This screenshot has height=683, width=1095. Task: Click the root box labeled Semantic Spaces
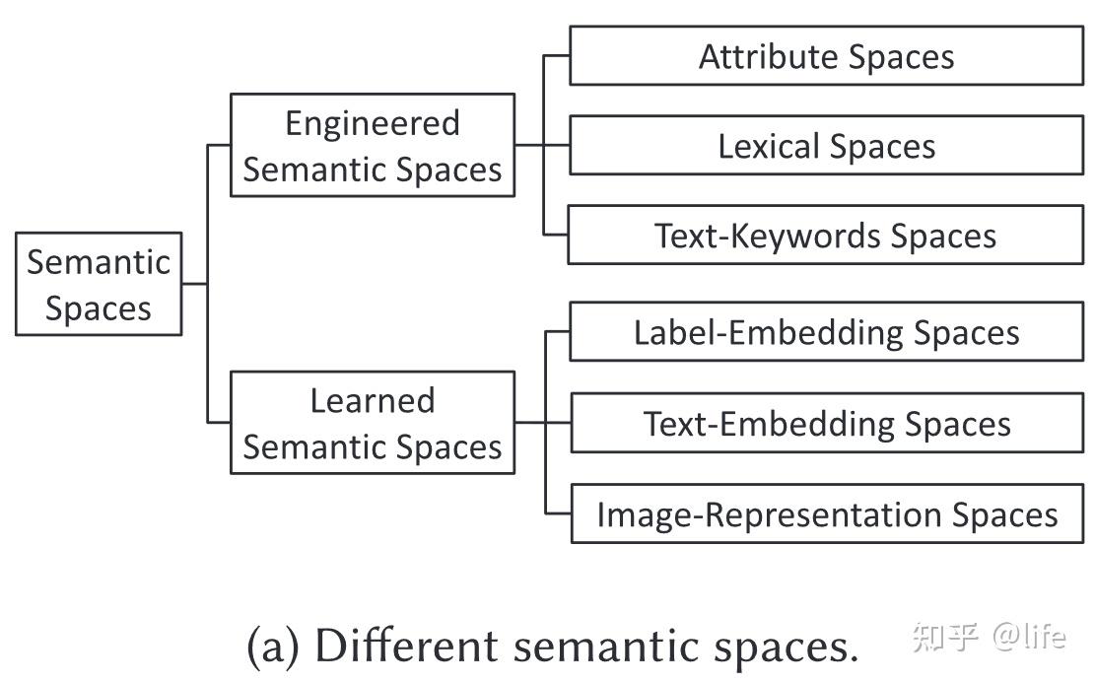pyautogui.click(x=99, y=284)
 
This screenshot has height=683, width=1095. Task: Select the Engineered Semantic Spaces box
pyautogui.click(x=373, y=146)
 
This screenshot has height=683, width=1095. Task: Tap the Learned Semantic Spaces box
pyautogui.click(x=373, y=423)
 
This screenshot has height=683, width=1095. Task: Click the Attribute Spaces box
pyautogui.click(x=826, y=56)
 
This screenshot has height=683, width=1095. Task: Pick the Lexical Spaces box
pyautogui.click(x=826, y=146)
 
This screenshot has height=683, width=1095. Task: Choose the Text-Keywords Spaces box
pyautogui.click(x=826, y=236)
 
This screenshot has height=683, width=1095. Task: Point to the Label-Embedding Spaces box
pyautogui.click(x=826, y=332)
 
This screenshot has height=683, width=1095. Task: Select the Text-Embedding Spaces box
pyautogui.click(x=826, y=423)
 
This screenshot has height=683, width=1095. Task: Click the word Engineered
pyautogui.click(x=373, y=123)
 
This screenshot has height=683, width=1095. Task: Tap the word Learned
pyautogui.click(x=373, y=400)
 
